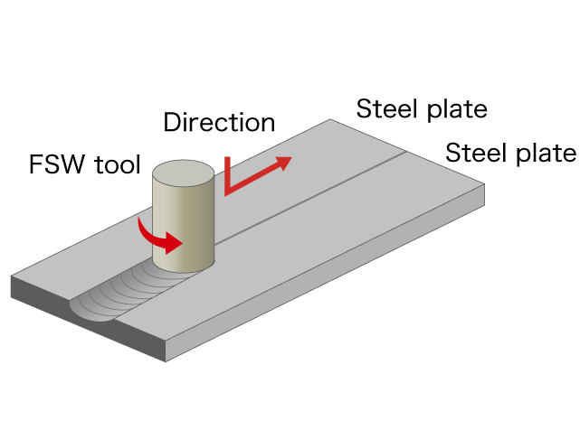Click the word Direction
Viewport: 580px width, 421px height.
(x=219, y=122)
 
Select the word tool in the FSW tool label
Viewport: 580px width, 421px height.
(x=118, y=164)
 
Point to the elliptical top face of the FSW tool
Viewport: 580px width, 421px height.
(x=184, y=173)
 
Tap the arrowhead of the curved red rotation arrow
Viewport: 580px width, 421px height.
(x=173, y=243)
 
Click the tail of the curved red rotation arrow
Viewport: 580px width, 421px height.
(x=139, y=220)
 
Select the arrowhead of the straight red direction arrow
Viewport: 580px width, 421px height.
(x=283, y=163)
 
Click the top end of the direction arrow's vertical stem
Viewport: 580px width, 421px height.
(x=227, y=158)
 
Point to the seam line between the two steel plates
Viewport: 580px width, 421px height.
(x=310, y=198)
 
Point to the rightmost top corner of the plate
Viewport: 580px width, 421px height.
(x=485, y=184)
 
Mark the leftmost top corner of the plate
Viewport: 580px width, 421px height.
(x=11, y=276)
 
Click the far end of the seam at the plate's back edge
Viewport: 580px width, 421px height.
(x=407, y=152)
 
